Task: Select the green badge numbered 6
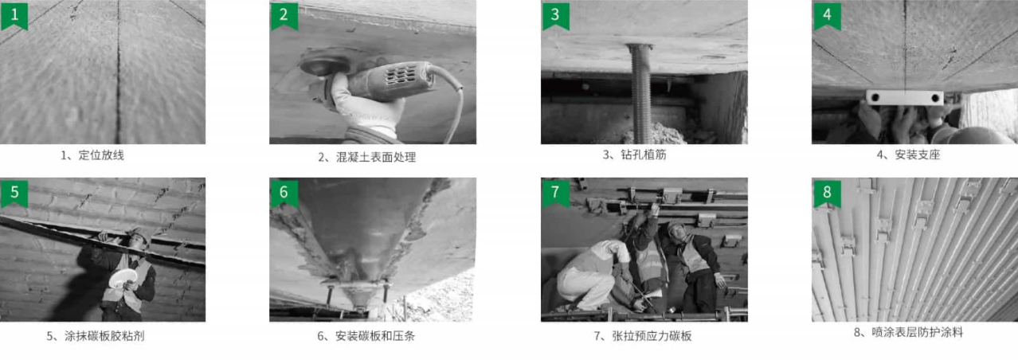point(284,194)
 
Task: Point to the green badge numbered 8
point(827,194)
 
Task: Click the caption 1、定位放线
point(92,155)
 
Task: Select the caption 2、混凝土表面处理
point(366,157)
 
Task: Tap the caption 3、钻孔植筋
point(634,155)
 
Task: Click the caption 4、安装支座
point(908,155)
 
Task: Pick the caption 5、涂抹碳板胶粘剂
point(96,336)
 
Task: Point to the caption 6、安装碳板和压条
point(366,336)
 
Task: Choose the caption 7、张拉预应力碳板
point(643,336)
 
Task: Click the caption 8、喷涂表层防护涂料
point(908,333)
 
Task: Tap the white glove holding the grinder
point(363,107)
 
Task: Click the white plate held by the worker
point(123,278)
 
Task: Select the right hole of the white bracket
point(935,98)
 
